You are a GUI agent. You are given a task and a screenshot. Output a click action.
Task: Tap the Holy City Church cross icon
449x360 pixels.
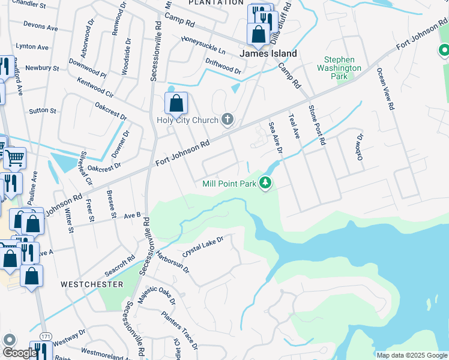pyautogui.click(x=227, y=119)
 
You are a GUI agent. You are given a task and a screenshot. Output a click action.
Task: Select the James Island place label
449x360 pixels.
pyautogui.click(x=268, y=53)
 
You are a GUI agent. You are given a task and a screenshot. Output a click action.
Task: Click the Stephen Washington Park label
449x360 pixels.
pyautogui.click(x=343, y=68)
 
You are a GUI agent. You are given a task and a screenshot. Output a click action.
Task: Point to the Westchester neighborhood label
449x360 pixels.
pyautogui.click(x=92, y=284)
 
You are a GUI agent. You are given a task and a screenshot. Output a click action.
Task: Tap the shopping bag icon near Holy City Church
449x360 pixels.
pyautogui.click(x=176, y=104)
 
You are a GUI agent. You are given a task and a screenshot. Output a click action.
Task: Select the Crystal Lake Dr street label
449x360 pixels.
pyautogui.click(x=203, y=246)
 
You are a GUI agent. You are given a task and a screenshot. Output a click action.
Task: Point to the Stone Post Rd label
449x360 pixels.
pyautogui.click(x=316, y=125)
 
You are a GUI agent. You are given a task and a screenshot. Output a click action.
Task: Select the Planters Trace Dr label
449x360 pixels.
pyautogui.click(x=179, y=330)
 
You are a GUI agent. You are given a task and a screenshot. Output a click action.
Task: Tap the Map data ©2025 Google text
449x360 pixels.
pyautogui.click(x=412, y=355)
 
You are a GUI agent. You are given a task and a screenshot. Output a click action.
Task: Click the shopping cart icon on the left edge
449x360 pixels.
pyautogui.click(x=14, y=159)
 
